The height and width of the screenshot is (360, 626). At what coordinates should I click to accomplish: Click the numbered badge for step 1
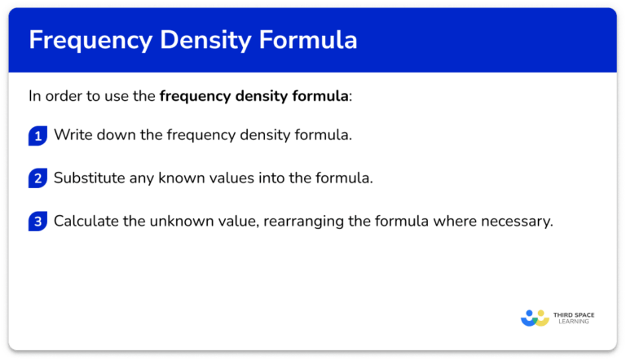(37, 135)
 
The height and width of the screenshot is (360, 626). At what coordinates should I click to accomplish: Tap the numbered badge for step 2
(37, 178)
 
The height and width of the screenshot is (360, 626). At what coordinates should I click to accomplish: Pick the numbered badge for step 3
(37, 222)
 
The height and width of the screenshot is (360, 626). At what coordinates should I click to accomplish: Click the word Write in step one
(71, 135)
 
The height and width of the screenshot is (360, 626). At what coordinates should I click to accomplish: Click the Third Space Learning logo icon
(536, 318)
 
